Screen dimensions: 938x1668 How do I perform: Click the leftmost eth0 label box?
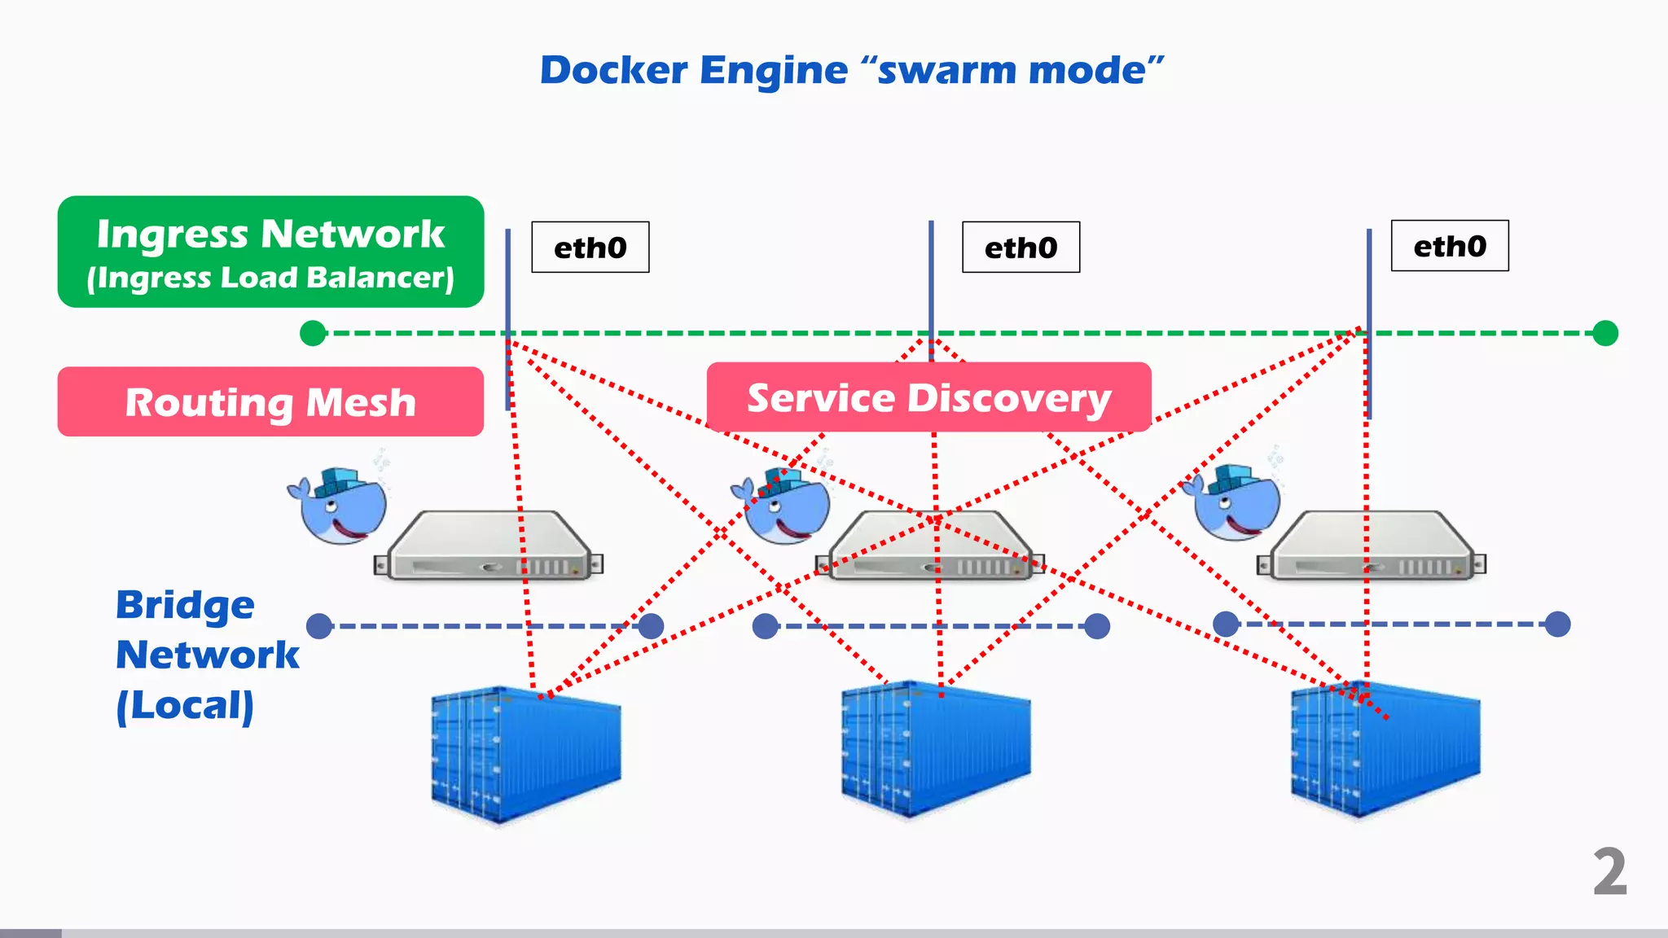pyautogui.click(x=590, y=247)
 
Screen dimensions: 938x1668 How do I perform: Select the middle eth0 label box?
pyautogui.click(x=1021, y=247)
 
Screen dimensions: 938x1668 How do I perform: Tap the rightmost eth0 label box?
pyautogui.click(x=1450, y=245)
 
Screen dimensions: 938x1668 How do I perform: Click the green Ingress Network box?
pyautogui.click(x=270, y=252)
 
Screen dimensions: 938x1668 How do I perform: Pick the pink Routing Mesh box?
pyautogui.click(x=270, y=401)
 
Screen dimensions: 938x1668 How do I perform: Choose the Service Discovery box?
pyautogui.click(x=928, y=397)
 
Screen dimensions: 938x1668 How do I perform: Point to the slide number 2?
pyautogui.click(x=1609, y=872)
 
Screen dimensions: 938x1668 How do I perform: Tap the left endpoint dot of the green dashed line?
pyautogui.click(x=313, y=333)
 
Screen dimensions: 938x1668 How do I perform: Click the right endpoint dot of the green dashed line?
pyautogui.click(x=1605, y=333)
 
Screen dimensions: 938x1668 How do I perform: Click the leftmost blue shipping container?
pyautogui.click(x=525, y=753)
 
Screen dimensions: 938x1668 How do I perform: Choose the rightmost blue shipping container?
pyautogui.click(x=1385, y=749)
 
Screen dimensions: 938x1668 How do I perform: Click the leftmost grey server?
pyautogui.click(x=489, y=546)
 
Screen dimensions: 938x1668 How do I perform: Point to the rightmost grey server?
pyautogui.click(x=1372, y=546)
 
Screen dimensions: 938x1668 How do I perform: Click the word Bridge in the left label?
pyautogui.click(x=185, y=605)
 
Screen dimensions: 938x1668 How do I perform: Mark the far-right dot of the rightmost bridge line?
pyautogui.click(x=1557, y=625)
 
